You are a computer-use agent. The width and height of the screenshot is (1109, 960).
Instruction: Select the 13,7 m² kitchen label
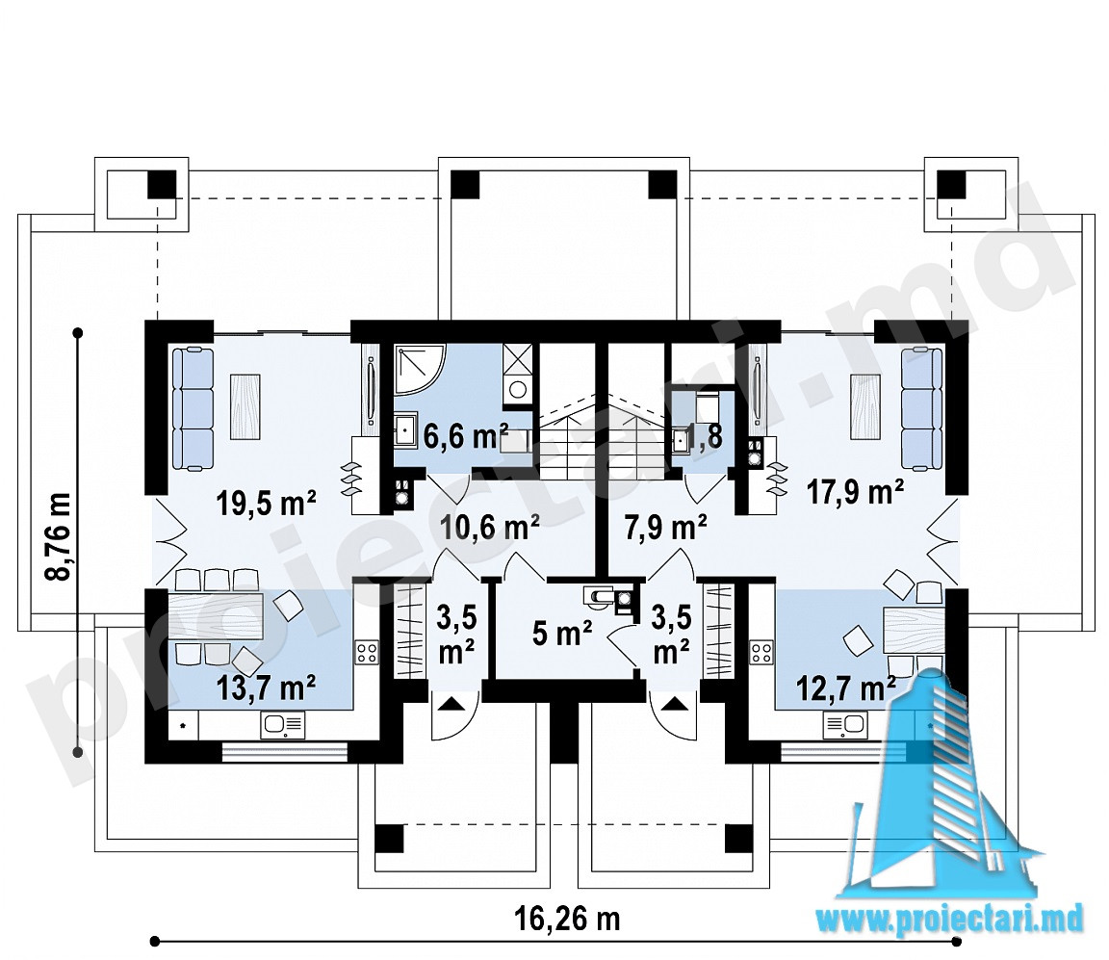266,687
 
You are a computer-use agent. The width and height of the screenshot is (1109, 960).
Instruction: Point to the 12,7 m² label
846,686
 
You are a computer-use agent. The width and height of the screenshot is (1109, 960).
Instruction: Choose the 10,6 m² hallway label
490,527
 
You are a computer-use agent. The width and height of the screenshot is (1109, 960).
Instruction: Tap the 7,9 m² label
665,527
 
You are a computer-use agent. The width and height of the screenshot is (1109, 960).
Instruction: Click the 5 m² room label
562,634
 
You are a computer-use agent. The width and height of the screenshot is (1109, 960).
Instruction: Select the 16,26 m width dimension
566,919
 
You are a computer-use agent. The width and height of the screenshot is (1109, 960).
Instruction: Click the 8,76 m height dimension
60,535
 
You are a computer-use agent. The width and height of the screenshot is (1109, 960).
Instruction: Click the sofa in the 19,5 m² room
193,408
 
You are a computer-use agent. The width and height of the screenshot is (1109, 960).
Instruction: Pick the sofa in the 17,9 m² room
921,408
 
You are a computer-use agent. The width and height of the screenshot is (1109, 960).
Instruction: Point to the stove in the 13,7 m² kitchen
367,652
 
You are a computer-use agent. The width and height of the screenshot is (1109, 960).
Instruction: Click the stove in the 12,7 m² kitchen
761,652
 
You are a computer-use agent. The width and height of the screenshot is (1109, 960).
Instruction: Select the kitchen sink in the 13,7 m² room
283,724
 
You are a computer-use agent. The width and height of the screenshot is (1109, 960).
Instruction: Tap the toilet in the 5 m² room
599,596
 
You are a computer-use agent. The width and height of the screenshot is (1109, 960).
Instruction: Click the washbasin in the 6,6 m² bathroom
406,431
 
